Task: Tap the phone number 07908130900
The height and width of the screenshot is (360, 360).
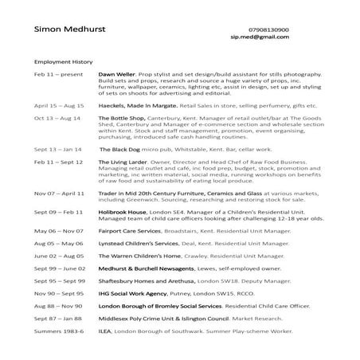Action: (x=276, y=29)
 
